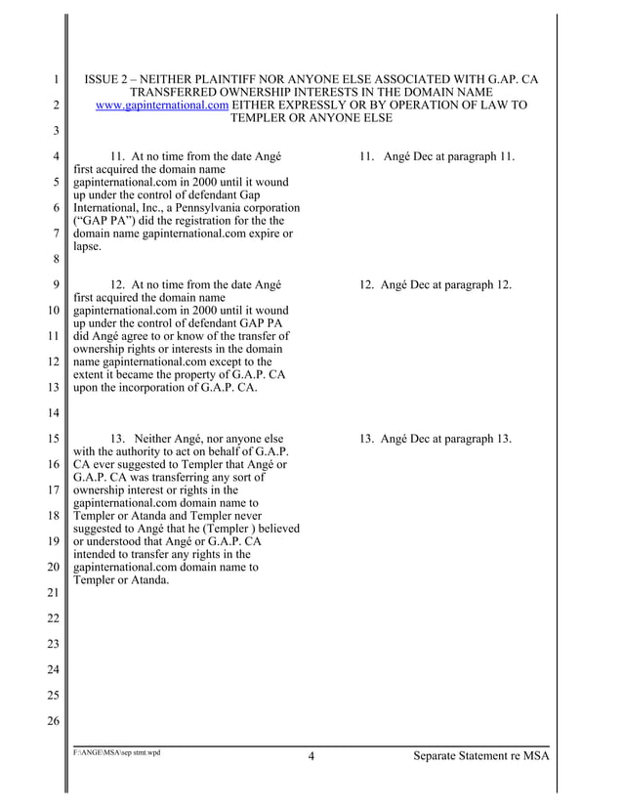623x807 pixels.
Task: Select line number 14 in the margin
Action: (55, 412)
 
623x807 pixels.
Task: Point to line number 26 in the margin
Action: (55, 721)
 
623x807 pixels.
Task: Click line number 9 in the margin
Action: (58, 285)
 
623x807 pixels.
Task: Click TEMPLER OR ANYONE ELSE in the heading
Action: (311, 118)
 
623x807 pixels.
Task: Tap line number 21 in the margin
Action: (55, 592)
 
